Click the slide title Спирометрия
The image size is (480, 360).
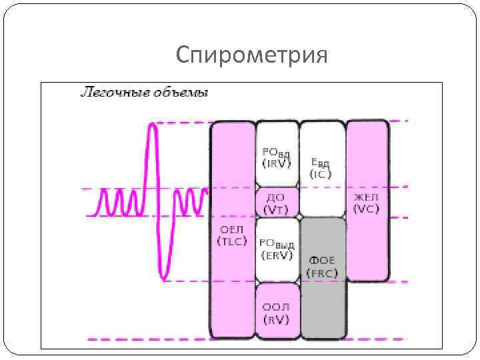point(252,55)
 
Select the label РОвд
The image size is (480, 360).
point(276,152)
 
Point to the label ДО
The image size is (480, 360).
point(275,199)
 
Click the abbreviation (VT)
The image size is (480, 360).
point(275,210)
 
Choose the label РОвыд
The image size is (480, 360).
point(277,244)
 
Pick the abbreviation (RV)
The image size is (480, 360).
point(275,319)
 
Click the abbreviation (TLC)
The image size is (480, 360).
point(233,242)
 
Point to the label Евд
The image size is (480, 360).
point(321,163)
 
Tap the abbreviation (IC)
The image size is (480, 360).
point(321,175)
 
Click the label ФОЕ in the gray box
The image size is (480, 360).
point(323,261)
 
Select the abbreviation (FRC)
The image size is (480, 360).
point(323,273)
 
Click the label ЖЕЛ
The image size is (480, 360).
point(366,198)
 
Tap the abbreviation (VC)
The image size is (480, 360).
point(366,209)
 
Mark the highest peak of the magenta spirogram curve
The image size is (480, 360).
point(154,124)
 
